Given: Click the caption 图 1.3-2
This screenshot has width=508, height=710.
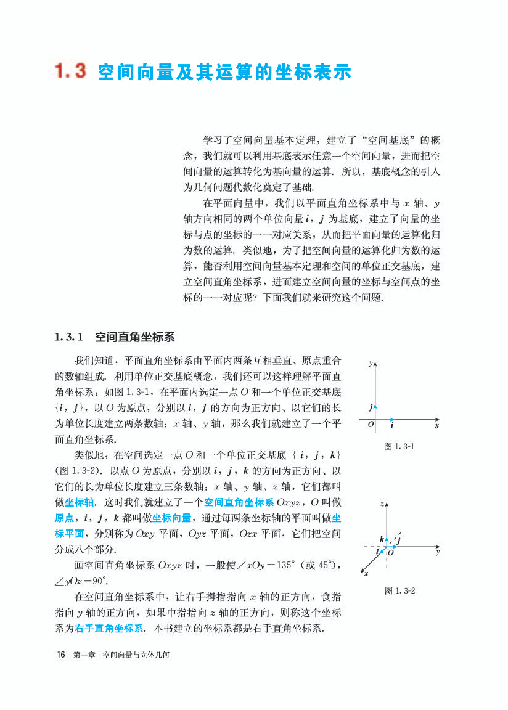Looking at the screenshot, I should click(x=399, y=590).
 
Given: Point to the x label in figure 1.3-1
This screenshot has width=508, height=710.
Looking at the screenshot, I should click(x=436, y=425).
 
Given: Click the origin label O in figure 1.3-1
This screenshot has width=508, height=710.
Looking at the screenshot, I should click(x=371, y=425).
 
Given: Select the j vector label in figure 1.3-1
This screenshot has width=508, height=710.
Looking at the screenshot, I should click(x=371, y=407).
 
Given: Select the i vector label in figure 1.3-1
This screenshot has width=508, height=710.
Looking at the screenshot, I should click(x=392, y=425).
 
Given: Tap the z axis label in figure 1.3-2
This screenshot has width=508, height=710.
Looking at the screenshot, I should click(x=382, y=504).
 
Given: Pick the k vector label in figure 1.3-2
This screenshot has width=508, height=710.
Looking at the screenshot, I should click(x=382, y=539).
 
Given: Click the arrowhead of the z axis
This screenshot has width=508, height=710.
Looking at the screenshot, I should click(x=387, y=504).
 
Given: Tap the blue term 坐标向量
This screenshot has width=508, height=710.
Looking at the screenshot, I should click(x=172, y=517).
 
